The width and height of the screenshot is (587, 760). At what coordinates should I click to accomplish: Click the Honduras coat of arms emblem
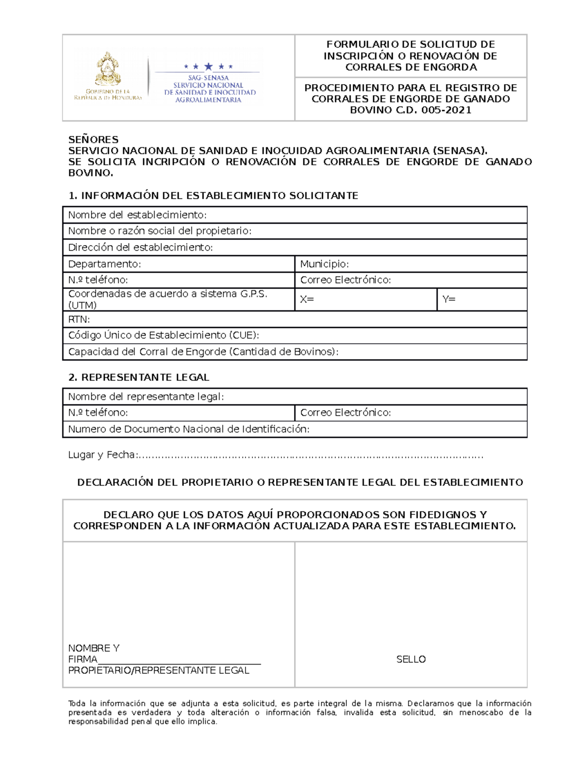coord(108,69)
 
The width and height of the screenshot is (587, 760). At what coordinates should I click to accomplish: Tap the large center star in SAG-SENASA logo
coord(208,67)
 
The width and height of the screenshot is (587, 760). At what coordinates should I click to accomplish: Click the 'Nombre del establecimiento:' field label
coord(137,215)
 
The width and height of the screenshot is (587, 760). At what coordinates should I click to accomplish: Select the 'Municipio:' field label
coord(324,264)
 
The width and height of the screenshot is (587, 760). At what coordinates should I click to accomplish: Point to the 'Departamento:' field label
coord(104,264)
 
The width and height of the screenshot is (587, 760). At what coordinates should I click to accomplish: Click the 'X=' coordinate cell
coord(365,299)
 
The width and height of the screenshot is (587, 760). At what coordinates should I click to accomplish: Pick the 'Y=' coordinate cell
coord(481,299)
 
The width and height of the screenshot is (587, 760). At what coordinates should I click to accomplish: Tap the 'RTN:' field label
coord(79,319)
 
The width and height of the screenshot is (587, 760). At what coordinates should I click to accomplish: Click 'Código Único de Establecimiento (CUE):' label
coord(163,335)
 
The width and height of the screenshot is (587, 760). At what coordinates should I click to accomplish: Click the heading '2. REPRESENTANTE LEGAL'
coord(139,377)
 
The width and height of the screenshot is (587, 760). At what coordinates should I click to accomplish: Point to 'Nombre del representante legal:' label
coord(146,396)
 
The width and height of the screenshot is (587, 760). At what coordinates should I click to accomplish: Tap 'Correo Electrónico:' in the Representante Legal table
coord(345,413)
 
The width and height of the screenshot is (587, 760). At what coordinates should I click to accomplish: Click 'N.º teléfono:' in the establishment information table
coord(98,280)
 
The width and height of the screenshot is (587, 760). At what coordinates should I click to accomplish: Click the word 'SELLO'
coord(411,659)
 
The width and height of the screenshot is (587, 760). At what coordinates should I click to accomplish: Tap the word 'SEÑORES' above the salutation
coord(93,139)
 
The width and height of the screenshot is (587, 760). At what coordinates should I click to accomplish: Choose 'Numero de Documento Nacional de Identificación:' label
coord(188,429)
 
